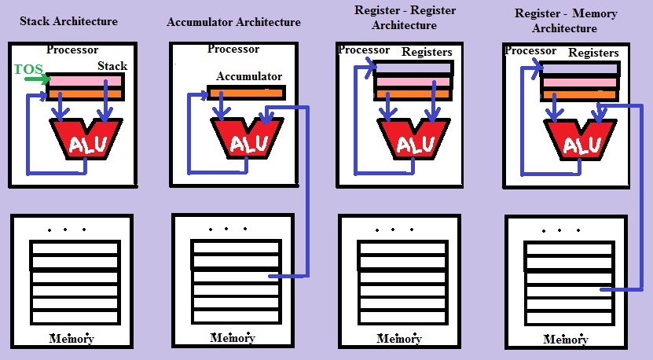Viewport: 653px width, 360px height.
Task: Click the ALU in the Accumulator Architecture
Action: pos(246,141)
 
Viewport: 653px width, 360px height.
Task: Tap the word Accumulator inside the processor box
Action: pos(250,77)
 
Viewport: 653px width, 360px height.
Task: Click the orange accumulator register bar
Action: pos(246,93)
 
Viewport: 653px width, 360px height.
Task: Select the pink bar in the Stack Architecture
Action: pos(86,80)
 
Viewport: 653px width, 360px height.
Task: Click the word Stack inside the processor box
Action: pos(112,66)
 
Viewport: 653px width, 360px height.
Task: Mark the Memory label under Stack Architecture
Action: pos(72,339)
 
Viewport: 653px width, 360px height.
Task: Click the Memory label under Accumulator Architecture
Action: pos(233,338)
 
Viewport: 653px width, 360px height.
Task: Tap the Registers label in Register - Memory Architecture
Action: pos(594,53)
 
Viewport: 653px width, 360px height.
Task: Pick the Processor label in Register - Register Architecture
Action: pos(364,50)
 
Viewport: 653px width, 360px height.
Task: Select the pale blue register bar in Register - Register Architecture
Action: pos(413,68)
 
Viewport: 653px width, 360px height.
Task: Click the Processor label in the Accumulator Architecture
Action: pos(233,49)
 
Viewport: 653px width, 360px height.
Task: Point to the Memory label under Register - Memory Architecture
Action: pos(566,340)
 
